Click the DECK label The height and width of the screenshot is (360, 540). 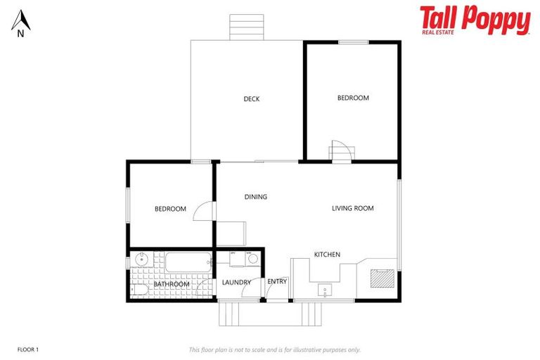pyautogui.click(x=252, y=99)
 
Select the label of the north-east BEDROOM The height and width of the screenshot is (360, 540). pyautogui.click(x=353, y=98)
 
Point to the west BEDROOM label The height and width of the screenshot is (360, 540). pyautogui.click(x=170, y=209)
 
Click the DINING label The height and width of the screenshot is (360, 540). pyautogui.click(x=256, y=197)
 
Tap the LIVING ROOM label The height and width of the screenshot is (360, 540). pyautogui.click(x=353, y=208)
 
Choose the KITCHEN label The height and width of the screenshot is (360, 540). pyautogui.click(x=327, y=255)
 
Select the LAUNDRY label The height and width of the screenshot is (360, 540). pyautogui.click(x=236, y=283)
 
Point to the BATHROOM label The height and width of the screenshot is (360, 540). pyautogui.click(x=172, y=284)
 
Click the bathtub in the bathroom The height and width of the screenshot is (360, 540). pyautogui.click(x=187, y=262)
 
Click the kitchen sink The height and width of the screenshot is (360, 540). pyautogui.click(x=325, y=289)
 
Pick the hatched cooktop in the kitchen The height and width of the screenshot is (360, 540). pyautogui.click(x=380, y=278)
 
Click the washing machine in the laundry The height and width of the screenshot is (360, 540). pyautogui.click(x=252, y=258)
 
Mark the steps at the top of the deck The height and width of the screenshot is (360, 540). pyautogui.click(x=247, y=27)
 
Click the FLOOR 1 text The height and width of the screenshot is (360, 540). pyautogui.click(x=28, y=349)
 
